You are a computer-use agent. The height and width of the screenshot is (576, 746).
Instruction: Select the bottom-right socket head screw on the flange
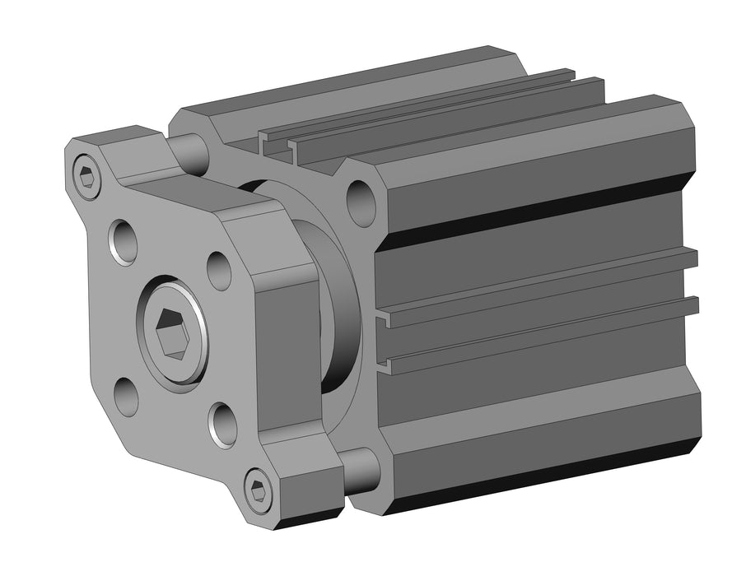[259, 491]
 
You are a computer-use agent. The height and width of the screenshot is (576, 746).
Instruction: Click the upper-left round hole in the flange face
[123, 241]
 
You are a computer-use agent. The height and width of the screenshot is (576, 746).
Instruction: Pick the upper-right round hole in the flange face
[219, 271]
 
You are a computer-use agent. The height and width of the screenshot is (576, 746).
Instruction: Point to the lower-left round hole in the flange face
[125, 397]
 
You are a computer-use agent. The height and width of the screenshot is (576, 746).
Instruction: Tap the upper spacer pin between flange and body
[191, 153]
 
